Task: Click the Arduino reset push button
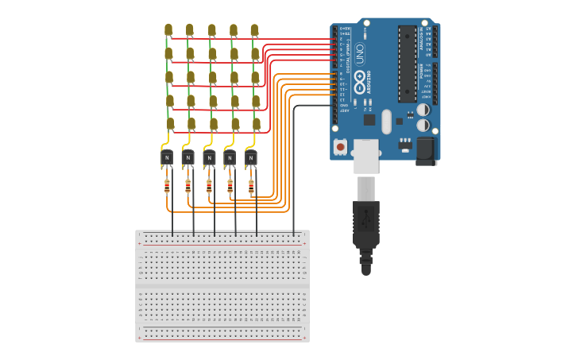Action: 340,146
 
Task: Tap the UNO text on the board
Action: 359,53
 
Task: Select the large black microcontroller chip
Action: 407,64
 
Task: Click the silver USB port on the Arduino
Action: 366,156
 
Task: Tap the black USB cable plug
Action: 366,223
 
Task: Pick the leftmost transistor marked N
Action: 167,157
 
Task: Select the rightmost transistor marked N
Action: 251,157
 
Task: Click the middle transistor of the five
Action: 209,157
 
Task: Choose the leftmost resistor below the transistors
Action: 167,187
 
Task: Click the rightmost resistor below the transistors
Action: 251,187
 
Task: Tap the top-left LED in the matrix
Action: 168,29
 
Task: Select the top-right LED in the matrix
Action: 254,29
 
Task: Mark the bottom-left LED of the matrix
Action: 170,123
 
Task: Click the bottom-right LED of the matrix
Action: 257,123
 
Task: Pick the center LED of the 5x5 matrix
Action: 212,77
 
